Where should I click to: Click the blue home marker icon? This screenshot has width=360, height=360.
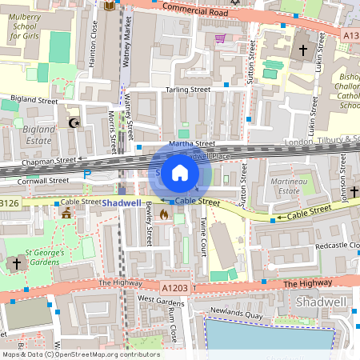coord(180,173)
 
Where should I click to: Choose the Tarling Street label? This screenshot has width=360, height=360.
coord(188,90)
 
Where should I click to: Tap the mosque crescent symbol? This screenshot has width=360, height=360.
coord(76,122)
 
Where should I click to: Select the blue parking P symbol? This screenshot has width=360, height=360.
coord(87,173)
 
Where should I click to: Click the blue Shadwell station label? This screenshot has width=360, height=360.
coord(121,203)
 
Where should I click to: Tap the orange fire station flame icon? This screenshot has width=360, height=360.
coord(164,214)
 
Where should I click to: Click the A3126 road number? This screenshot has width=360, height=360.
coord(8,203)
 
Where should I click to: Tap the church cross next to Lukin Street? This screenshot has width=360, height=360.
coord(302,50)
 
